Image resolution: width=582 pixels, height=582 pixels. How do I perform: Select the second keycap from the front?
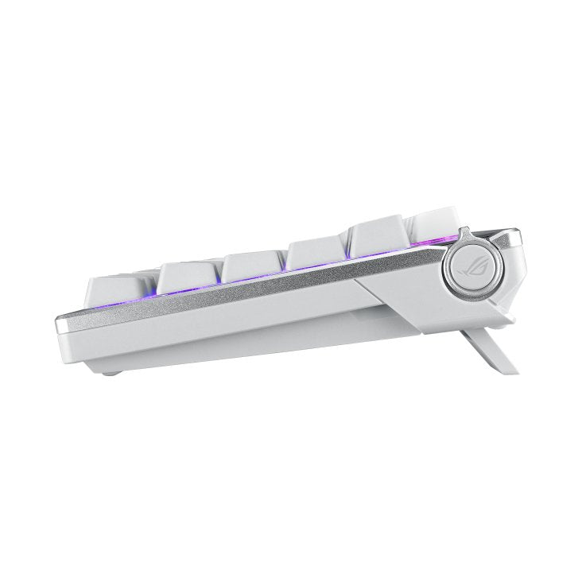186,277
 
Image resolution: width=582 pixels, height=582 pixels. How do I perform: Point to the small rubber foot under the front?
115,370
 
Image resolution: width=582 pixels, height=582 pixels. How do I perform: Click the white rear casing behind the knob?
509,270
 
